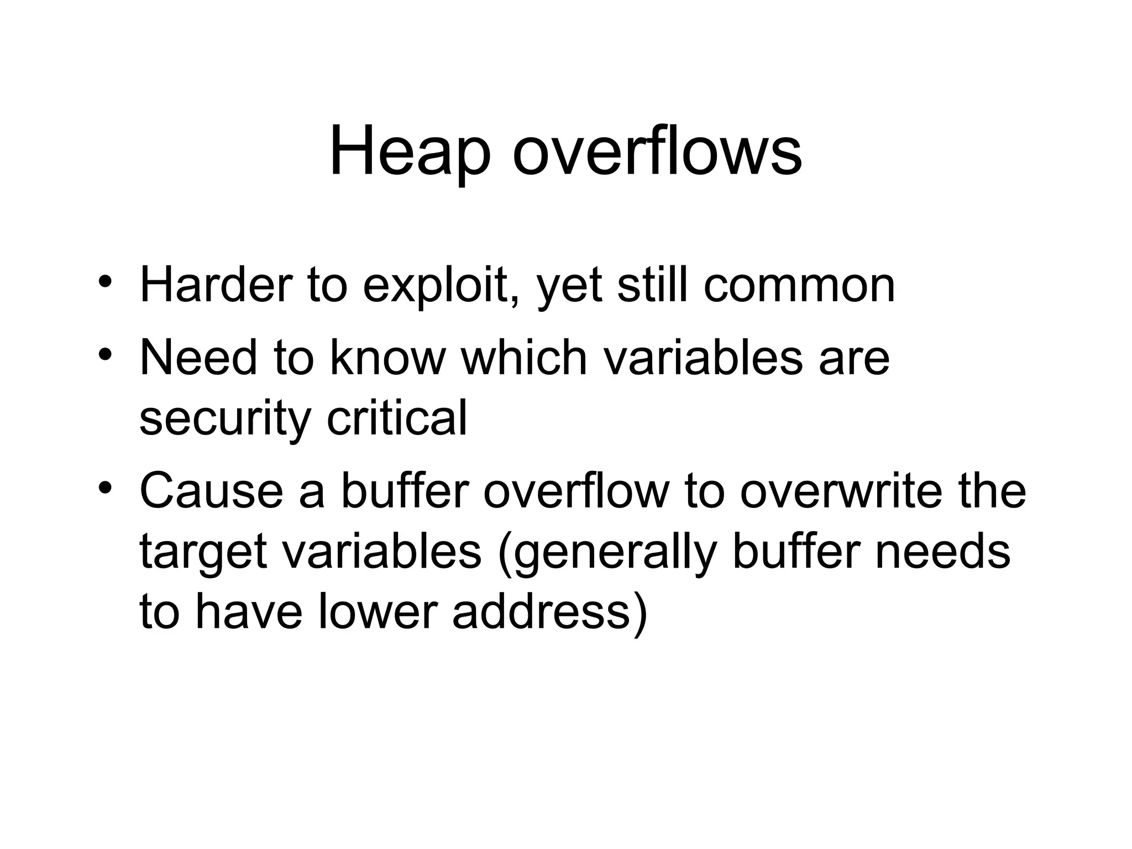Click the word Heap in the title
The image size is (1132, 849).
tap(410, 151)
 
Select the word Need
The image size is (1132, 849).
tap(198, 358)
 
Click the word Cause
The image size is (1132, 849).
tap(211, 491)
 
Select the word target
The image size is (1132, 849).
tap(203, 552)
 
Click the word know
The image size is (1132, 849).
tap(387, 358)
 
